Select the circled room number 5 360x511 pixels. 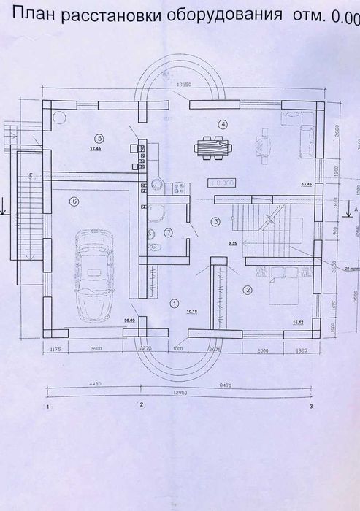(x=99, y=137)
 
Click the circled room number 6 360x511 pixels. (x=73, y=200)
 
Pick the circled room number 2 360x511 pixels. (x=248, y=290)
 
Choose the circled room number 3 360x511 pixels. (x=215, y=220)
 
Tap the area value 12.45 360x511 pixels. (x=95, y=148)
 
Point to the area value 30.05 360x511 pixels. (x=130, y=319)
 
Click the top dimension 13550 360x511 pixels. (x=184, y=85)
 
